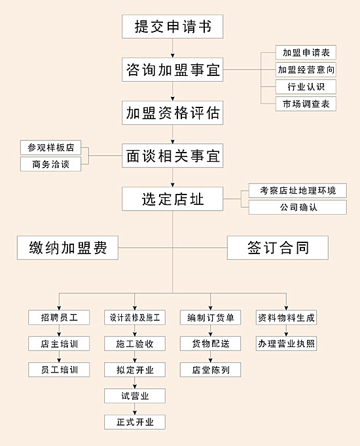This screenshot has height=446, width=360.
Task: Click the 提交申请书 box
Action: click(172, 26)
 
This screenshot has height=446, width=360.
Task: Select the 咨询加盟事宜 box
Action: click(172, 69)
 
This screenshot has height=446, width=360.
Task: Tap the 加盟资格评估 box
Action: click(172, 113)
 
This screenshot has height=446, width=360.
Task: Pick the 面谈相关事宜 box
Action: click(172, 156)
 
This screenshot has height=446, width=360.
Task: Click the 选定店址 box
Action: click(172, 199)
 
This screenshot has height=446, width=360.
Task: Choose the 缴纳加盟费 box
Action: click(67, 248)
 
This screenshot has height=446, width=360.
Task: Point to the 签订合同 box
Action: click(278, 248)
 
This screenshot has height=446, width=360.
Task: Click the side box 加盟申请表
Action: click(306, 52)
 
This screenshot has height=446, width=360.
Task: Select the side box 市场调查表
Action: click(306, 104)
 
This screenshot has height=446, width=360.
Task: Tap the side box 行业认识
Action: click(306, 86)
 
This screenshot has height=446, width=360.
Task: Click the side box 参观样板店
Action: click(50, 147)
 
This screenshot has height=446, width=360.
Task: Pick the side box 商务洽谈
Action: click(50, 164)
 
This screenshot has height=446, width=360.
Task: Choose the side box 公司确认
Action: click(298, 207)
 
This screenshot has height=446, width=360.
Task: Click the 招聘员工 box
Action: click(59, 318)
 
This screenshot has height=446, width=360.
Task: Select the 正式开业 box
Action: click(135, 422)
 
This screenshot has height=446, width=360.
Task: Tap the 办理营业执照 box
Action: click(286, 344)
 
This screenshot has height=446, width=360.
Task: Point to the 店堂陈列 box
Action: click(210, 370)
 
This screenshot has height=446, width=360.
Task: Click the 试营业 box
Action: click(135, 396)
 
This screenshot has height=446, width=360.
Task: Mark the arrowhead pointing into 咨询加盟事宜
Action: click(172, 56)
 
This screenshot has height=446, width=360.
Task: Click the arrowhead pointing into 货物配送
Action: click(210, 334)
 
